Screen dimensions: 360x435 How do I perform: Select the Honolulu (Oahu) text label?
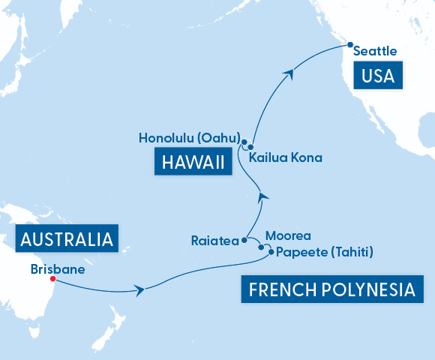click(x=189, y=138)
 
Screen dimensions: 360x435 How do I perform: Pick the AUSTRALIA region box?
click(x=67, y=239)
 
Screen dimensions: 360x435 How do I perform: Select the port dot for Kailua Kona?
click(x=251, y=147)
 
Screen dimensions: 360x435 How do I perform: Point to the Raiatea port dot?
click(x=244, y=241)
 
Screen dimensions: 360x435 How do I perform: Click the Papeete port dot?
click(x=270, y=252)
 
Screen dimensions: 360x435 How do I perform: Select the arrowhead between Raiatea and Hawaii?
click(x=262, y=196)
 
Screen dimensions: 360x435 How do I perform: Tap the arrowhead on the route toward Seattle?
click(x=288, y=72)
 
